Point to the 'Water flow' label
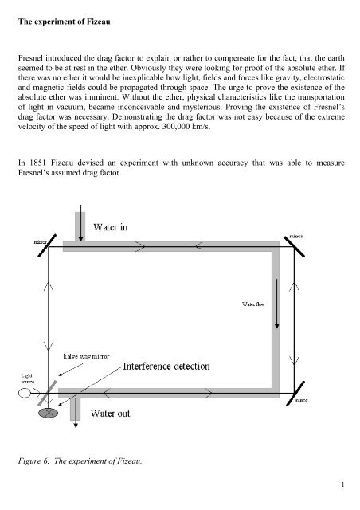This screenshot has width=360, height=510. [x=256, y=303]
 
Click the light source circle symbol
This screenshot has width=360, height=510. [x=26, y=392]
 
